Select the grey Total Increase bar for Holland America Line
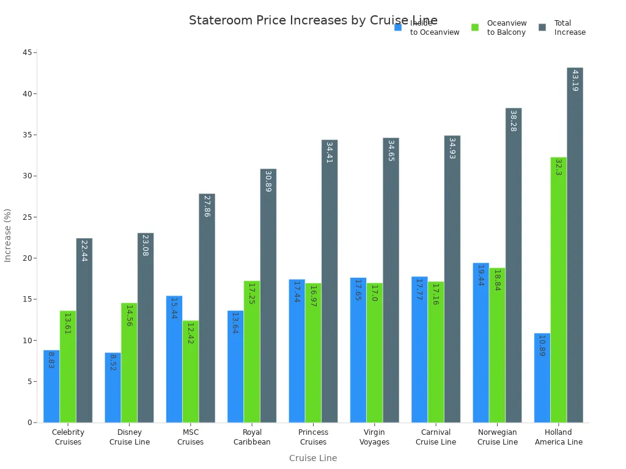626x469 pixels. [575, 245]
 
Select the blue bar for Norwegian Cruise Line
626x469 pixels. [481, 343]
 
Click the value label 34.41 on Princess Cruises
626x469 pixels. [329, 152]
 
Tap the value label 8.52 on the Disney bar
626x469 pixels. [112, 362]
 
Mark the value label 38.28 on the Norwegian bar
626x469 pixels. [513, 121]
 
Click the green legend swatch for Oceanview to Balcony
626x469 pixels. [475, 27]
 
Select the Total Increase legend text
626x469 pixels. [569, 27]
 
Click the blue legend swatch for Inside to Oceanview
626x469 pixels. [398, 27]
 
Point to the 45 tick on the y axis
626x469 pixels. [28, 53]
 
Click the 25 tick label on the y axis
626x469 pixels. [28, 217]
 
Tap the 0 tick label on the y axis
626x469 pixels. [29, 423]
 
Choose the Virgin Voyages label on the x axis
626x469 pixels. [374, 437]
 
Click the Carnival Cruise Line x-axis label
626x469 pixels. [436, 437]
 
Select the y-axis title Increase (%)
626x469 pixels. [8, 235]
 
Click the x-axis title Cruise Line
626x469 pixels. [312, 458]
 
